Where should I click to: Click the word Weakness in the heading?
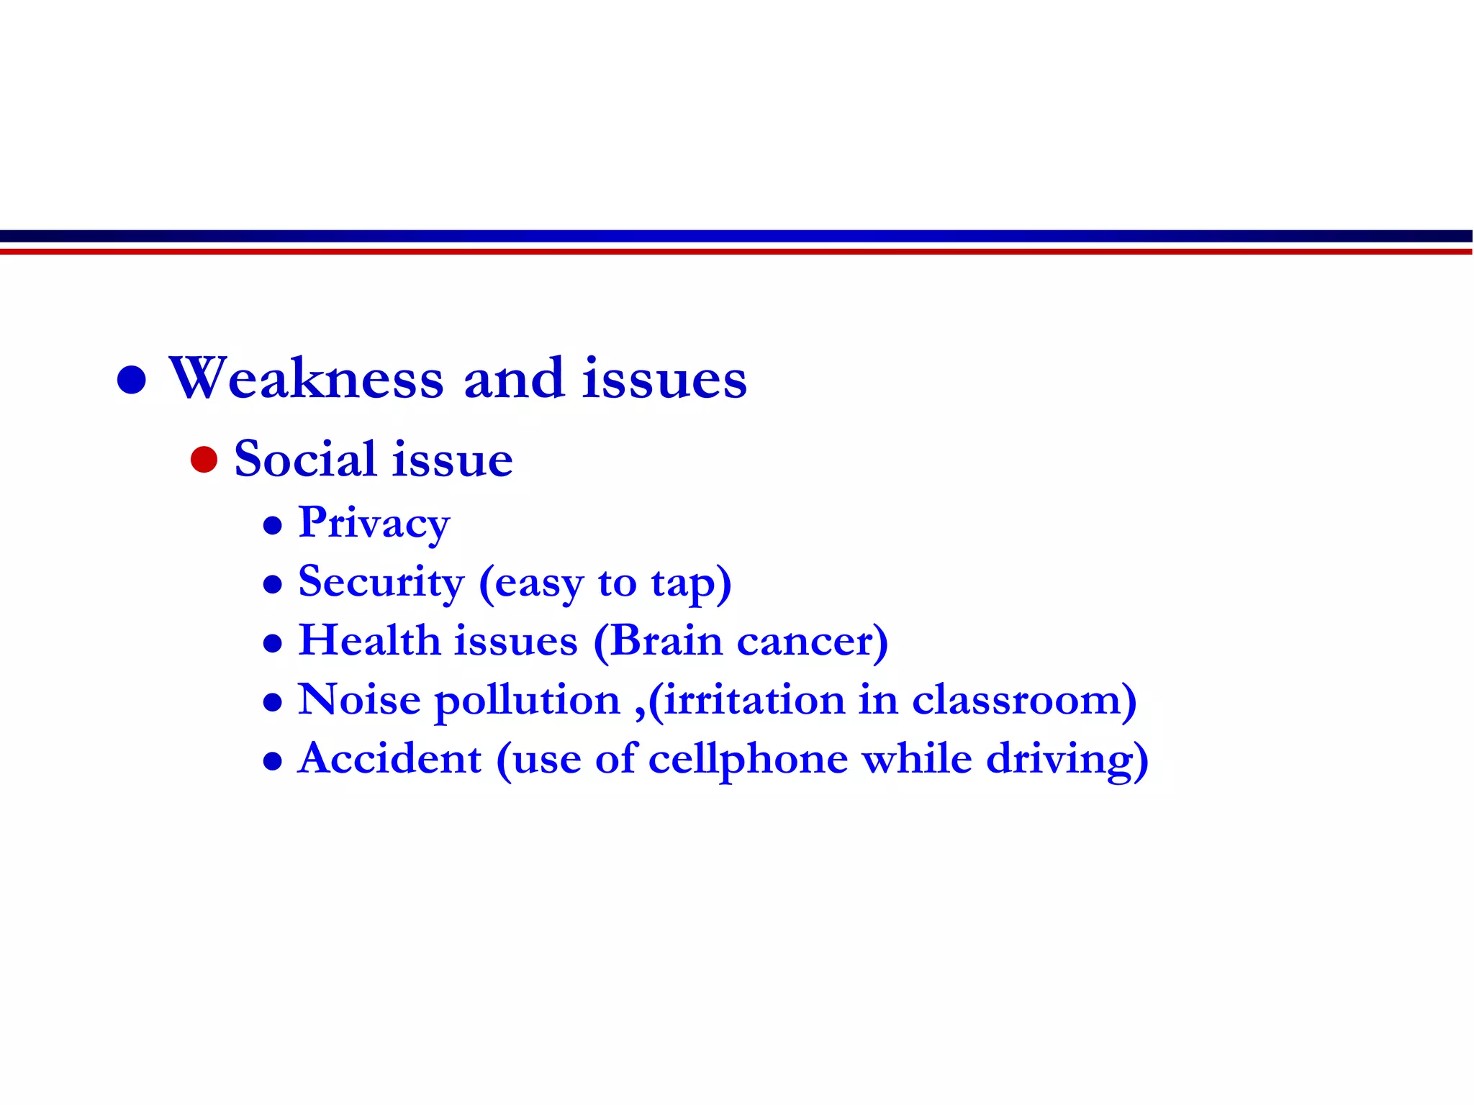pos(306,378)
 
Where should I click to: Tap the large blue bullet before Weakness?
pos(132,379)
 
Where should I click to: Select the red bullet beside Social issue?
pos(204,460)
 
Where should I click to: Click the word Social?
pos(305,459)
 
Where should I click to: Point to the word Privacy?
pos(374,524)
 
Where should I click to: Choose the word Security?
pos(381,582)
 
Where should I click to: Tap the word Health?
pos(369,640)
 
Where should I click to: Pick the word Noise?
pos(359,699)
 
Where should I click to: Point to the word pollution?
pos(528,701)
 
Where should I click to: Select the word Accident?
pos(389,758)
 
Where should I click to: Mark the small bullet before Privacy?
pos(273,526)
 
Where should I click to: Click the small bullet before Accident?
pos(273,761)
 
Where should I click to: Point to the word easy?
pos(538,584)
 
